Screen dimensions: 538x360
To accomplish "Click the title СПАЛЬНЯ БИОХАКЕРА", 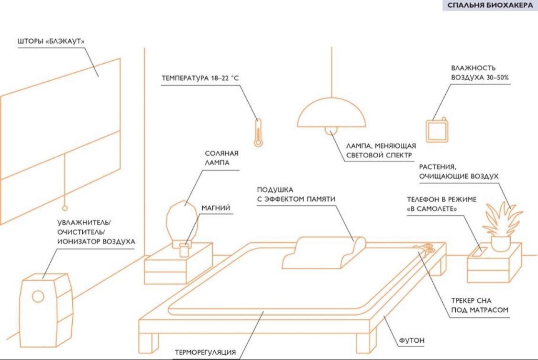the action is click(490, 5).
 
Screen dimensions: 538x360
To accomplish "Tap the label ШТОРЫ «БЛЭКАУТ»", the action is click(51, 42).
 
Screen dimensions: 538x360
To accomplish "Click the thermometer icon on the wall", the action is click(258, 133).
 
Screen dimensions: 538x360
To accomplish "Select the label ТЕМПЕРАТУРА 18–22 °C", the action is click(200, 78).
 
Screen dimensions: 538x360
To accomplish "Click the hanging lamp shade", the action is click(331, 112).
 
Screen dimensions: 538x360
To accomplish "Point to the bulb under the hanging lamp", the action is click(331, 131).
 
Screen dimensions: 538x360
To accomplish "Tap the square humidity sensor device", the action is click(437, 131).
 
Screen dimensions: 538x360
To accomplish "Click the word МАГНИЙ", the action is click(216, 208).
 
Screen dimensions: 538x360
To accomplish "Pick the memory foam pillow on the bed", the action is click(324, 252).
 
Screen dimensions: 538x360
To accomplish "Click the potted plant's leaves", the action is click(502, 219).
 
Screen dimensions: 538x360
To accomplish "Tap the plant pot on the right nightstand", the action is click(501, 243).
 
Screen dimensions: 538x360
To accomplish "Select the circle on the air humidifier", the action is click(38, 296).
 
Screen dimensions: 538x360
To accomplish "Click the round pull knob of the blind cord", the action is click(65, 208).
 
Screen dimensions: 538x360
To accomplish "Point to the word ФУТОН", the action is click(412, 341).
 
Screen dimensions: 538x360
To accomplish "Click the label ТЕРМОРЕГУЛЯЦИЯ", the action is click(205, 352).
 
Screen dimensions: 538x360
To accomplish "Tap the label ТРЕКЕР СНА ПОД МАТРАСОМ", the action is click(480, 305).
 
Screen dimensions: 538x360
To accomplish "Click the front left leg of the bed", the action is click(148, 343).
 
